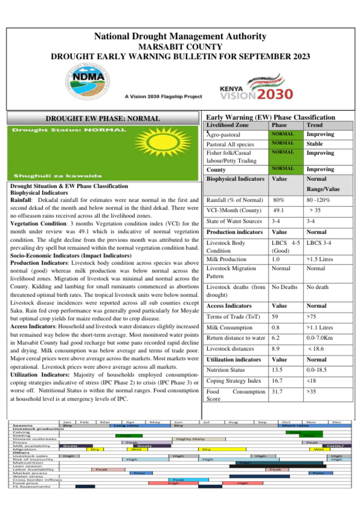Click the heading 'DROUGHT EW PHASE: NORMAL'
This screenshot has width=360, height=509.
click(x=103, y=118)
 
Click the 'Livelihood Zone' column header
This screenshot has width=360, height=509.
click(x=227, y=125)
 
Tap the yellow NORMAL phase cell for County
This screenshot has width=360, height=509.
click(x=283, y=168)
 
